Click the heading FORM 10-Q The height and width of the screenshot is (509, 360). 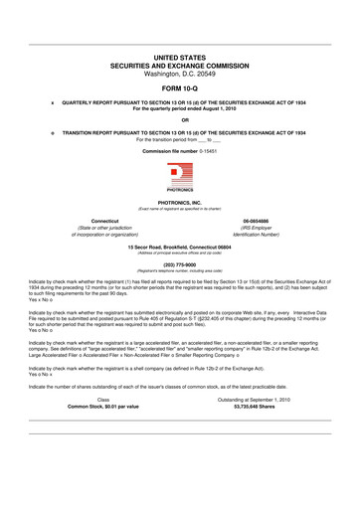[180, 85]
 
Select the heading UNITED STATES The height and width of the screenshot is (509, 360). [180, 60]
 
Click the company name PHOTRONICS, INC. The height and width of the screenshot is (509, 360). [180, 202]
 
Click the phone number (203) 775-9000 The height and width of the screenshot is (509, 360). [180, 265]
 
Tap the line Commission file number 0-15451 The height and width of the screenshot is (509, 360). [180, 150]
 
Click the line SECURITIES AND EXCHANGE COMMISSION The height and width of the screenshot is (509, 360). [180, 67]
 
